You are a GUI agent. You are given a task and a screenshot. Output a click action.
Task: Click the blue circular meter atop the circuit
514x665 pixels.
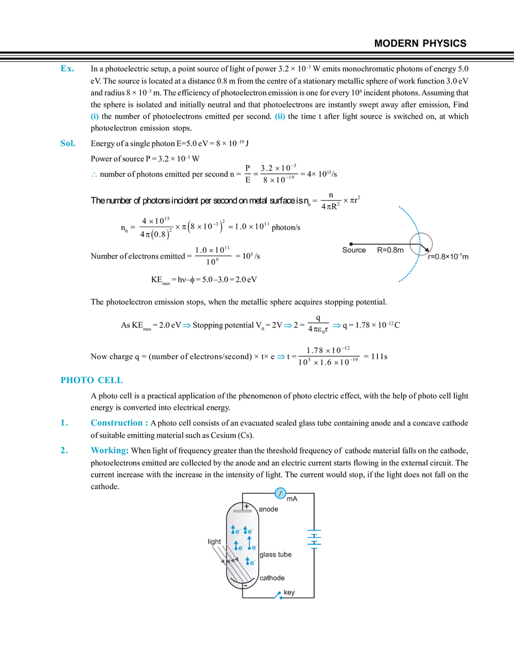(280, 494)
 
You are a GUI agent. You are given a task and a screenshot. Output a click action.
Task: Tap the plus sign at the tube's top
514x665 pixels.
(246, 506)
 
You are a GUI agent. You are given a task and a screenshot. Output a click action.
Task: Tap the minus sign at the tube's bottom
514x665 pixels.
(245, 584)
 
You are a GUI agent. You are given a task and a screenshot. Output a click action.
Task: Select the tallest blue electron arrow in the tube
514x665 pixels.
(249, 542)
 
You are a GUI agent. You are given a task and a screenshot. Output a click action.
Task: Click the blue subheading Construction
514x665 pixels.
(119, 423)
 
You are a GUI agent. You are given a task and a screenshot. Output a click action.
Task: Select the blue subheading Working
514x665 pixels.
(110, 451)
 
